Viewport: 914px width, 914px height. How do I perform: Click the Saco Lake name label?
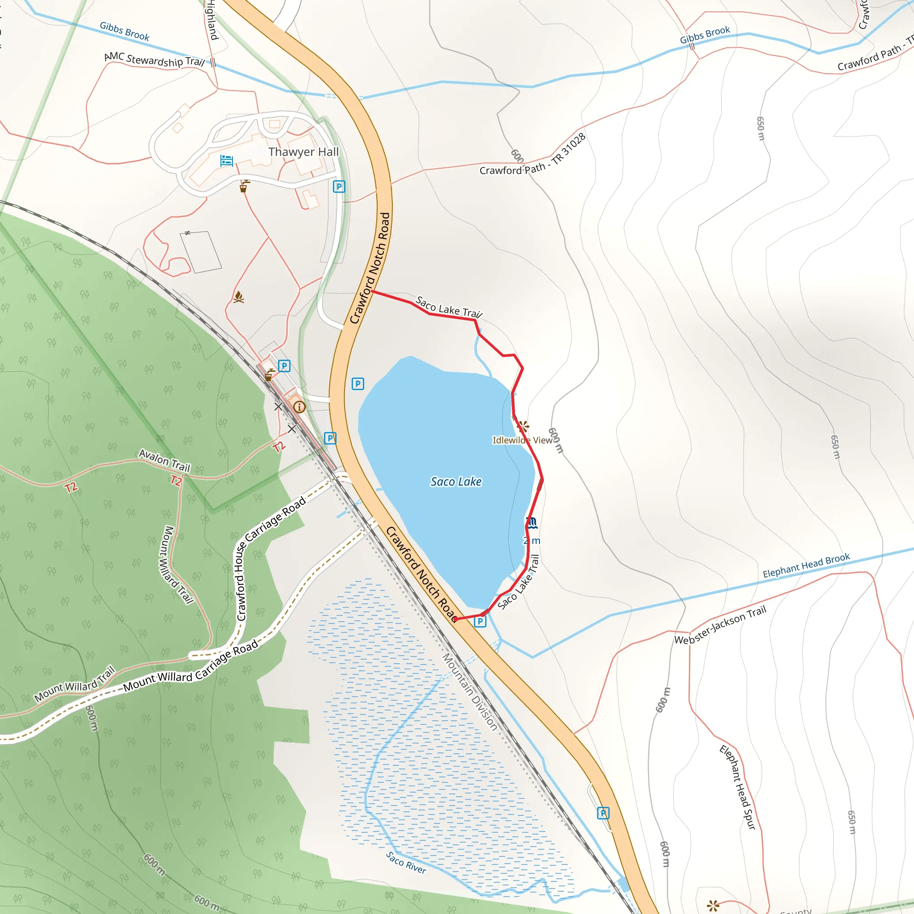coord(456,482)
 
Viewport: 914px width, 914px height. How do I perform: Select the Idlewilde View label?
coord(522,440)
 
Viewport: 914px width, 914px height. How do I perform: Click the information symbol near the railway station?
coord(299,407)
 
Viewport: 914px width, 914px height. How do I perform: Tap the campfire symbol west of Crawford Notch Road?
coord(239,297)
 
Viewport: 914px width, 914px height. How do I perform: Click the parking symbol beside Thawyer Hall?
coord(339,187)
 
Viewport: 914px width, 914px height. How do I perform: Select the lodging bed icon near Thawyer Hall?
coord(227,161)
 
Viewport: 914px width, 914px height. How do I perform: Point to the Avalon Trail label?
coord(164,460)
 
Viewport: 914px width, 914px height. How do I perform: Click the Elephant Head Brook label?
coord(806,565)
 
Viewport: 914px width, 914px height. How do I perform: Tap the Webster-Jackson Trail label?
coord(719,625)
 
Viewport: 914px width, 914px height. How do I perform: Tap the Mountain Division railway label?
coord(469,692)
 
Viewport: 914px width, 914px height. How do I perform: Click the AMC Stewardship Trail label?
coord(154,60)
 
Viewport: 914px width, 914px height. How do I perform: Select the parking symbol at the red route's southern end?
coord(480,621)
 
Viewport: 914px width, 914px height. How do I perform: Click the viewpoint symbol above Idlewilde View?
coord(523,426)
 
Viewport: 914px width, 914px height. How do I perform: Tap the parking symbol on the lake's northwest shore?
coord(357,384)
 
